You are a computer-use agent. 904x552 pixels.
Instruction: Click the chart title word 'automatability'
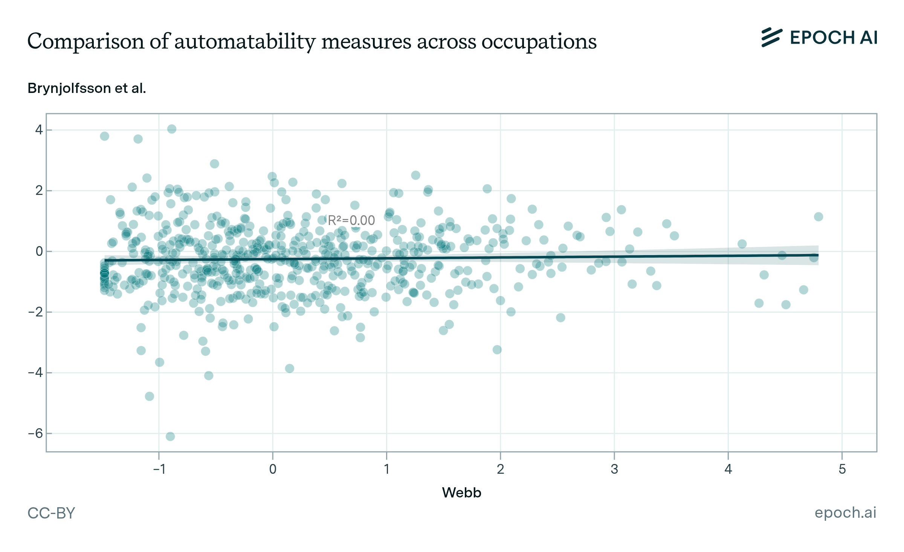click(x=245, y=41)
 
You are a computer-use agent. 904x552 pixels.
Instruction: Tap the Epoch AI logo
click(x=819, y=38)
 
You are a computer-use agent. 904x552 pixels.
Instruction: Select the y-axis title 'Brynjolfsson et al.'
click(x=87, y=88)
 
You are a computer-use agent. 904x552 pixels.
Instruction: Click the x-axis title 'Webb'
click(x=461, y=493)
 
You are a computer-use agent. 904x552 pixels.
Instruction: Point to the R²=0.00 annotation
click(x=351, y=220)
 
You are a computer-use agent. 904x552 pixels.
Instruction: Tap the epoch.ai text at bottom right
click(x=845, y=512)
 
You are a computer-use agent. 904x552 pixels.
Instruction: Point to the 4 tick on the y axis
click(x=39, y=130)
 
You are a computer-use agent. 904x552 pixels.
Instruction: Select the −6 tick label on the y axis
click(x=36, y=433)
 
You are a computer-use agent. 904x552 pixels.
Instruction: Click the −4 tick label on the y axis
click(x=36, y=373)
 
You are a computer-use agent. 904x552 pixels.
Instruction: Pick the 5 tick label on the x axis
click(x=842, y=469)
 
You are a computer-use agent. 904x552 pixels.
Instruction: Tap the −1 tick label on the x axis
click(x=159, y=469)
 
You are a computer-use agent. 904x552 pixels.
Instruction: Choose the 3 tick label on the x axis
click(x=614, y=469)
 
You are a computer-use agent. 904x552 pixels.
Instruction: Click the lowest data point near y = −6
click(x=170, y=436)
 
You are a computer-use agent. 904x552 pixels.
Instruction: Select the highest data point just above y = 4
click(x=172, y=129)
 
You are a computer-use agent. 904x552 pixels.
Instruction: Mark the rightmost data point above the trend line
click(x=818, y=217)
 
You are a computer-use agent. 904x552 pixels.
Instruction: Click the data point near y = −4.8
click(x=150, y=396)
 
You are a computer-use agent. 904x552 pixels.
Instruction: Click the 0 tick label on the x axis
click(x=273, y=469)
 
